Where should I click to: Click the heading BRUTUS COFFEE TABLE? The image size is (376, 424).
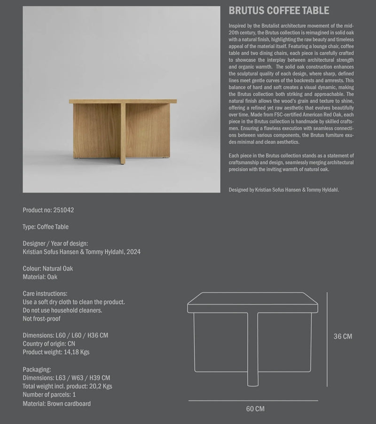click(x=279, y=11)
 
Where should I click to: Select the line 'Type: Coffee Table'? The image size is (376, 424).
click(x=46, y=227)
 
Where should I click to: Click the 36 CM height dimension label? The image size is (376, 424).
click(x=343, y=336)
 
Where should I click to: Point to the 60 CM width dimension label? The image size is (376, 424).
click(x=255, y=408)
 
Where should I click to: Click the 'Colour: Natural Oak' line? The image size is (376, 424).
click(x=47, y=269)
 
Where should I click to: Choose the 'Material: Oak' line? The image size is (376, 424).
click(x=40, y=277)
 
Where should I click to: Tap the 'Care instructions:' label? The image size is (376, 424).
click(x=45, y=294)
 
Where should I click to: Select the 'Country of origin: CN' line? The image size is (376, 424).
click(x=49, y=344)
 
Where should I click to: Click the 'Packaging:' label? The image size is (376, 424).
click(x=37, y=369)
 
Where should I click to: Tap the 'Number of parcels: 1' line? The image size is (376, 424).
click(x=49, y=395)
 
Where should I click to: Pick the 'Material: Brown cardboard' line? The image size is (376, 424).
click(x=57, y=403)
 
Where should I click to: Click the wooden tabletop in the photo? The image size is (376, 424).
click(x=123, y=101)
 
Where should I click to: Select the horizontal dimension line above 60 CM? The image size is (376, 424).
click(x=253, y=401)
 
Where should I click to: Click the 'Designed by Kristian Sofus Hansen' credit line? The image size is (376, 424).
click(x=284, y=190)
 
